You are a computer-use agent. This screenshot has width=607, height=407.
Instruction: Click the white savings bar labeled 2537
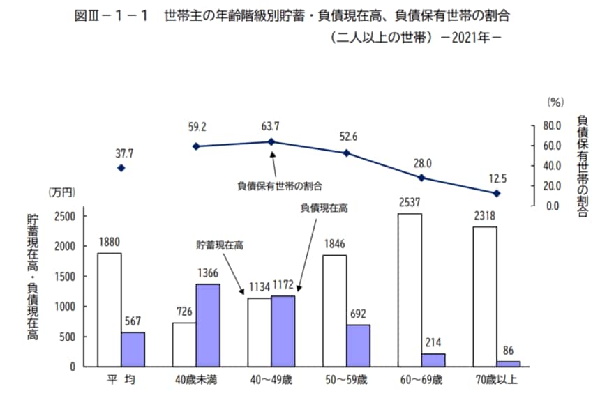coord(410,290)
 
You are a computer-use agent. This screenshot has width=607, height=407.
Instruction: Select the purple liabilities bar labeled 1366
coord(208,325)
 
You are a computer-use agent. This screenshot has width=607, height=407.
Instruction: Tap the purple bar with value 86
coord(508,364)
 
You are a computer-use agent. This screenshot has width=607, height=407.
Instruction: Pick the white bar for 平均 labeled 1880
coord(109,309)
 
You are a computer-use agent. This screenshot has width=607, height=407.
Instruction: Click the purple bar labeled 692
coord(358,345)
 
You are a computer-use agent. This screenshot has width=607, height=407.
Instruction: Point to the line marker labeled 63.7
coord(271,141)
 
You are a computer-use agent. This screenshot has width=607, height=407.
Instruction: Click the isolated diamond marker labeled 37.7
coord(121,168)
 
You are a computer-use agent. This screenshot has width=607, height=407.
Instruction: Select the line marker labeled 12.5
coord(496,193)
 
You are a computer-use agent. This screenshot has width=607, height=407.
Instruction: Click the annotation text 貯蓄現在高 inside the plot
coord(220,245)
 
